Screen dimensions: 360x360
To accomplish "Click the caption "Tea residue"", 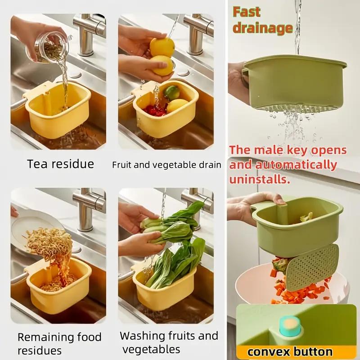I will point(60,164).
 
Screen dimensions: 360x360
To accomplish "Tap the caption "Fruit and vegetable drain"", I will point(166,165).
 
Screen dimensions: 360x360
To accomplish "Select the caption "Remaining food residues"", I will point(59,343).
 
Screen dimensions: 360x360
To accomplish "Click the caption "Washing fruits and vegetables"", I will point(169,342).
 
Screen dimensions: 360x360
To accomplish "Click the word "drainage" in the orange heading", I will point(262,28).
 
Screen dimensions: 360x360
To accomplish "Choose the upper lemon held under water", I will point(162,47).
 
